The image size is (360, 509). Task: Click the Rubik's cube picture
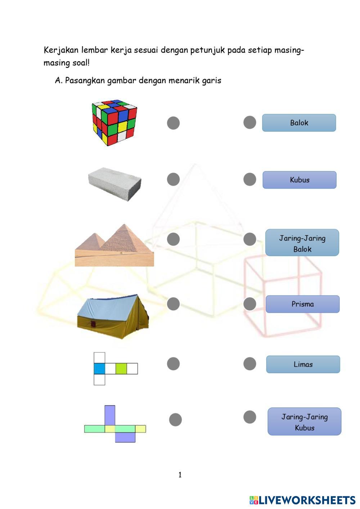pyautogui.click(x=114, y=122)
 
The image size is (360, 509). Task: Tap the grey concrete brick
pyautogui.click(x=114, y=184)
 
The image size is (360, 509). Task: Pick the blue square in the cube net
pyautogui.click(x=99, y=369)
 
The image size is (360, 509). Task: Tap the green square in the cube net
pyautogui.click(x=121, y=369)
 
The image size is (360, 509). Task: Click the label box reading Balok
pyautogui.click(x=299, y=123)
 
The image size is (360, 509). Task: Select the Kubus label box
pyautogui.click(x=300, y=180)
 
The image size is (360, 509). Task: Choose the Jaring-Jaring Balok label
pyautogui.click(x=302, y=243)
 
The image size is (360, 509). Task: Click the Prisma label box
pyautogui.click(x=302, y=304)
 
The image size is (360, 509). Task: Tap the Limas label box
pyautogui.click(x=303, y=364)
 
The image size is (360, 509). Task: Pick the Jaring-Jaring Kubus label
pyautogui.click(x=304, y=422)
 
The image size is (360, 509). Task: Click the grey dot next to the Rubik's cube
pyautogui.click(x=173, y=123)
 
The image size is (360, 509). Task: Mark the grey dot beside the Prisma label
pyautogui.click(x=250, y=304)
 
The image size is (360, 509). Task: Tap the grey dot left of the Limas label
pyautogui.click(x=250, y=364)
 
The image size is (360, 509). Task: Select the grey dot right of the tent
pyautogui.click(x=173, y=304)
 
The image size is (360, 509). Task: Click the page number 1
pyautogui.click(x=180, y=475)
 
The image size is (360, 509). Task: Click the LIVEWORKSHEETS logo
pyautogui.click(x=302, y=500)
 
